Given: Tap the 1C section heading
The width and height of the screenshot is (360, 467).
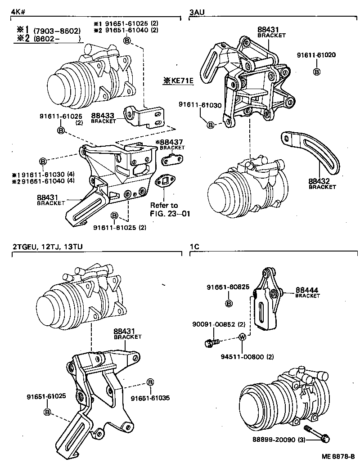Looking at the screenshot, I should pos(194,247).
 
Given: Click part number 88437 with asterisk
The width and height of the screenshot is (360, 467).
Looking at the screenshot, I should pos(165,142).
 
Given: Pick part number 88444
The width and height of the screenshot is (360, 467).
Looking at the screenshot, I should pos(306,290).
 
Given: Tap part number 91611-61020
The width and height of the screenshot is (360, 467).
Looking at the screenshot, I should pos(316,55).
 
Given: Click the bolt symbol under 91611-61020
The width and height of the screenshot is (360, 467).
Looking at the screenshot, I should pos(316,72).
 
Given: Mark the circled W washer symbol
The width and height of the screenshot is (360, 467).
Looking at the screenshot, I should pos(242,337).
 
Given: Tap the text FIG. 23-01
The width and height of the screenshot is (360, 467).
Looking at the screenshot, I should pos(171,213).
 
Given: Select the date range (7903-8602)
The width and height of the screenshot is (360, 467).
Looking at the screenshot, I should pos(57,31).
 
